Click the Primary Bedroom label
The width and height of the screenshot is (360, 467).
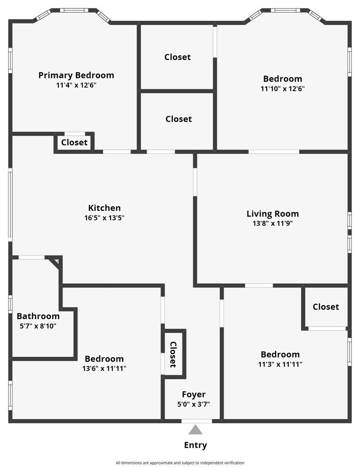76,75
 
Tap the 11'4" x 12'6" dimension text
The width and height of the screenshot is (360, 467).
76,85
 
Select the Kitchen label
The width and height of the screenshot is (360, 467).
104,208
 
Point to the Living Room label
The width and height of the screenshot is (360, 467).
272,214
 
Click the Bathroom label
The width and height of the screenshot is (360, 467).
38,316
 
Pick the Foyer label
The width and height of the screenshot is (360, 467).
193,394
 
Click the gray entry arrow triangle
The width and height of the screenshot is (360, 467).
195,430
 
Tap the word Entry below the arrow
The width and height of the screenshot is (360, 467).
195,445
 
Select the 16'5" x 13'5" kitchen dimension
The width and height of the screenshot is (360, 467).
104,218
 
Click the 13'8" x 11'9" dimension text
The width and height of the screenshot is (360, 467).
272,224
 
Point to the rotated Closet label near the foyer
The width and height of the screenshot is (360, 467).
173,355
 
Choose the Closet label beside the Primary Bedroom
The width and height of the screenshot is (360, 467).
74,142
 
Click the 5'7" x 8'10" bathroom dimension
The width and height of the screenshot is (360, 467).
38,326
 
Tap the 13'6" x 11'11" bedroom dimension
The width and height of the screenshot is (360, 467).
104,368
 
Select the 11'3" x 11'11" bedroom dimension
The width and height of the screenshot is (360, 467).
280,364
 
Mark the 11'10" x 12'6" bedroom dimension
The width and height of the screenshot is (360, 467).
283,89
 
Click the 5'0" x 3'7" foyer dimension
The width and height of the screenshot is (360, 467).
193,404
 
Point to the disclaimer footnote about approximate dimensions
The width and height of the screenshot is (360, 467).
180,463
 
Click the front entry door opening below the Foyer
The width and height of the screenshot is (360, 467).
197,421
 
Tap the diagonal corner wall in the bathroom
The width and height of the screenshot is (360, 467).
54,262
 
